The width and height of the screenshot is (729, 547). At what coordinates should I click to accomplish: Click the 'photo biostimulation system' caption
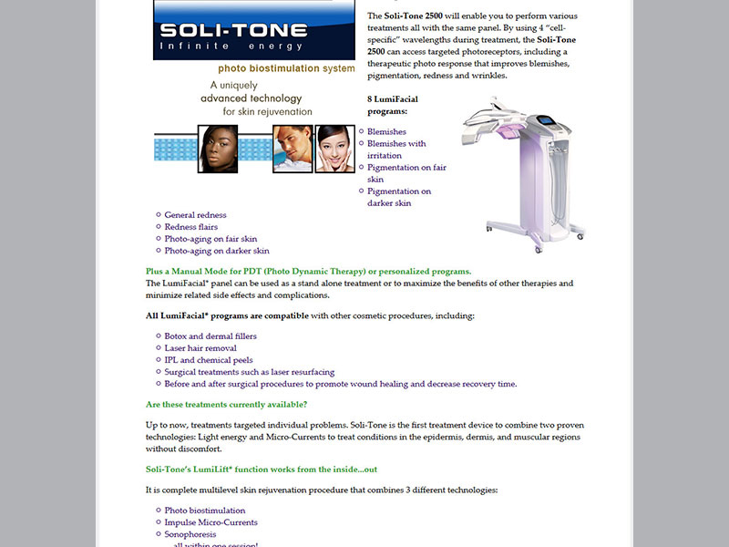[x=286, y=68]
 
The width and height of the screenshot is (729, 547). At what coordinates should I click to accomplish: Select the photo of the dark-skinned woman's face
[x=218, y=150]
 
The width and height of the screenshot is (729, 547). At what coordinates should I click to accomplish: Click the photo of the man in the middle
[x=291, y=150]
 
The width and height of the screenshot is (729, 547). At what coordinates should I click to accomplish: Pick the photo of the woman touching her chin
[x=334, y=150]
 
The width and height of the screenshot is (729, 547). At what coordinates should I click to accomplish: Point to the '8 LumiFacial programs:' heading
[x=393, y=105]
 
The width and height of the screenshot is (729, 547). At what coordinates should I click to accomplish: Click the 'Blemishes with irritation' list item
[x=396, y=150]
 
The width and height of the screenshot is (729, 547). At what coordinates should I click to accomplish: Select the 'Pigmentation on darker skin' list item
[x=399, y=197]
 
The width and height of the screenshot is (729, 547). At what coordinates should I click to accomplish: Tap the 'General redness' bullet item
[x=195, y=215]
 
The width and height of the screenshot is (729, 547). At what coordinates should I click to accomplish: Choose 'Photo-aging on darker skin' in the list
[x=217, y=251]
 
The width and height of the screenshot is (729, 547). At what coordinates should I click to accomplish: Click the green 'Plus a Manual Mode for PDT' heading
[x=308, y=272]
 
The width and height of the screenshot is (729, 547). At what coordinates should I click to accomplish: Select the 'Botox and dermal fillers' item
[x=210, y=336]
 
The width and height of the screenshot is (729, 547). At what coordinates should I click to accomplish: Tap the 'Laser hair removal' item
[x=200, y=348]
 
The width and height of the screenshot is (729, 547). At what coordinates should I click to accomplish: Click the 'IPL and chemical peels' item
[x=210, y=360]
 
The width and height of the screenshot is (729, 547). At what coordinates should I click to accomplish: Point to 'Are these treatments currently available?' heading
[x=227, y=404]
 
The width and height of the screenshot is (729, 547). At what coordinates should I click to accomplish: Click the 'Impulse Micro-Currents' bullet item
[x=210, y=522]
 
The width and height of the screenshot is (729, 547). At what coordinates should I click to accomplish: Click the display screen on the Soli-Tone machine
[x=545, y=120]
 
